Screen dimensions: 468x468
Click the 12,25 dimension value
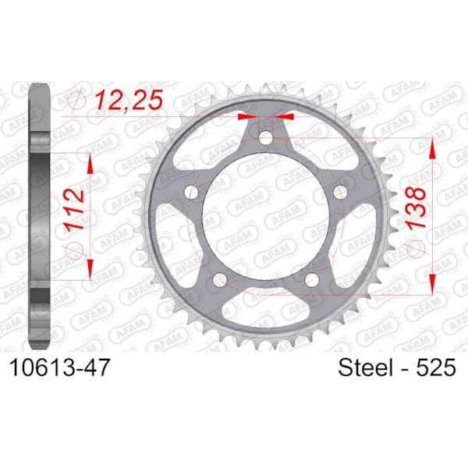coord(129,99)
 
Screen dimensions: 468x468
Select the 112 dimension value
coord(75,209)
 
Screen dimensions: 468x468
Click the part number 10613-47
coord(60,367)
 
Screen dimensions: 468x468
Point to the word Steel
coord(365,367)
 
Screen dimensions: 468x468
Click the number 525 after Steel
coord(436,367)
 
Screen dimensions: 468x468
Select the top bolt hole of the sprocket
coord(265,137)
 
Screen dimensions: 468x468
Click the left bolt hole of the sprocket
coord(192,192)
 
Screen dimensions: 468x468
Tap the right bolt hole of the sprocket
coord(340,191)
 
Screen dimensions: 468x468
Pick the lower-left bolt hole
coord(220,279)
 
